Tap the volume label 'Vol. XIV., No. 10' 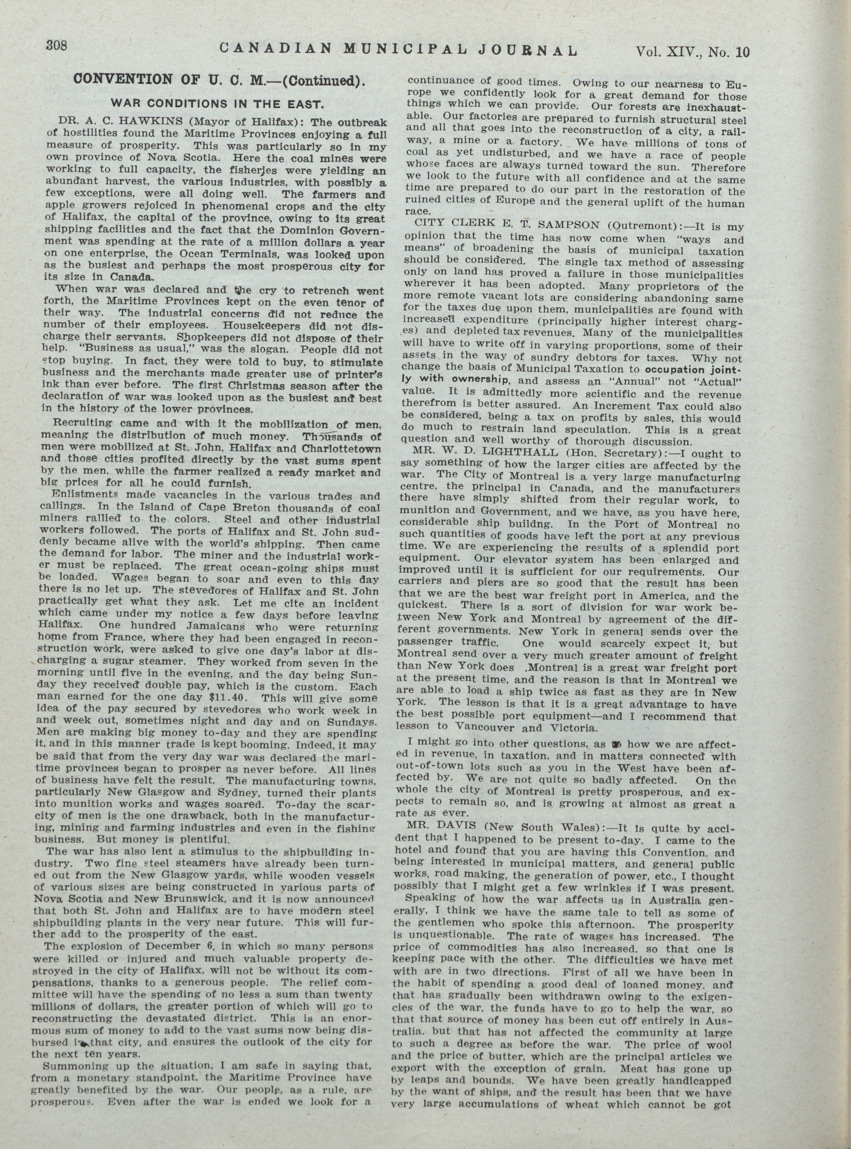693,52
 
